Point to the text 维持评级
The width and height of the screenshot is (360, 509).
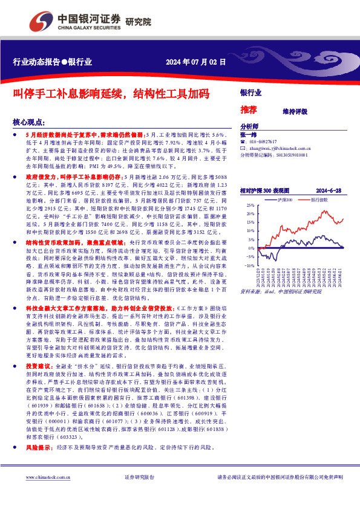click(x=295, y=111)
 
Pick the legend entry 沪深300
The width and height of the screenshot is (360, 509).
click(x=284, y=199)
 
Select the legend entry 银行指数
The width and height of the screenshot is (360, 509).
click(x=319, y=199)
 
